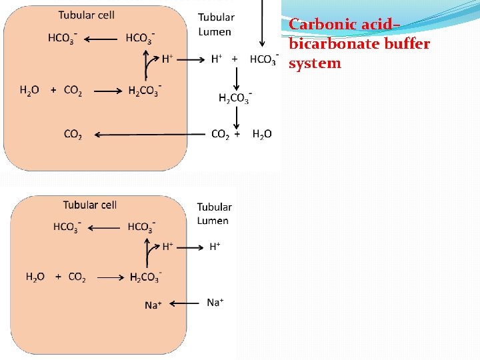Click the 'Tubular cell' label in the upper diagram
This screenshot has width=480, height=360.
tap(86, 15)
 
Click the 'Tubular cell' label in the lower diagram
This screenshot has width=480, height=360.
tap(90, 205)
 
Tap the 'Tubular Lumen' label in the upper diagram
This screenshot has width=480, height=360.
tap(216, 24)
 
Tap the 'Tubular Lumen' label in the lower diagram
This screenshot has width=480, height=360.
tap(214, 214)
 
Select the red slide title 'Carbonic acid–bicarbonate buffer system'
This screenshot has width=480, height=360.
tap(359, 44)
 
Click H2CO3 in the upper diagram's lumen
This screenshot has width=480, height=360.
tap(235, 98)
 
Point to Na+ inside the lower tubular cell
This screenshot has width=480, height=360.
tap(153, 305)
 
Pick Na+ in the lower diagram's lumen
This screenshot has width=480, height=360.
tap(215, 303)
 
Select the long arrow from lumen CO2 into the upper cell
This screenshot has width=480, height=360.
tap(149, 135)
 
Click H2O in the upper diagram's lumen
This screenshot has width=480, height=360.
tap(262, 135)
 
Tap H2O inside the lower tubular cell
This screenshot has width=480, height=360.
tap(35, 277)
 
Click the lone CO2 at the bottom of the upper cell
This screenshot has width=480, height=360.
tap(73, 135)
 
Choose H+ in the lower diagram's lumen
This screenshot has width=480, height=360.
tap(215, 247)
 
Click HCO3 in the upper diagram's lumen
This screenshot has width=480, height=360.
tap(263, 60)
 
